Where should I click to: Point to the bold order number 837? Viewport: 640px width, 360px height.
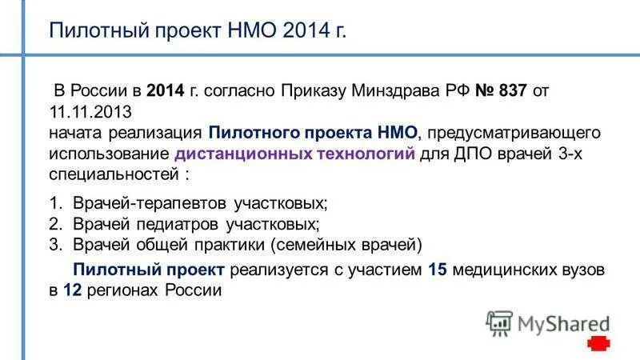click(511, 90)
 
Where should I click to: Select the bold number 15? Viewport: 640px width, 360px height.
click(437, 270)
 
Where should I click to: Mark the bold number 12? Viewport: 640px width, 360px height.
click(72, 291)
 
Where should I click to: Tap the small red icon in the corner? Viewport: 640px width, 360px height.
click(598, 344)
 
